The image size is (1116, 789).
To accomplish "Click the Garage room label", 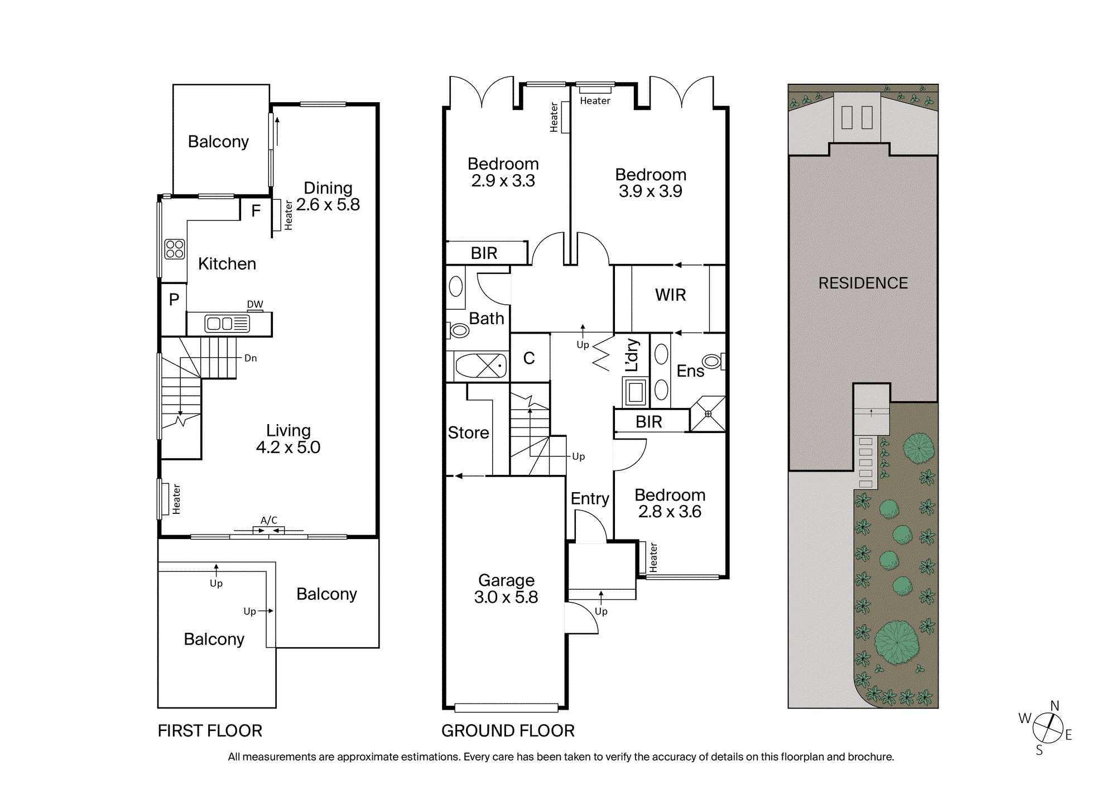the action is (x=507, y=580).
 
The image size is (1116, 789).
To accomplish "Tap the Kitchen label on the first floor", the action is (x=227, y=264).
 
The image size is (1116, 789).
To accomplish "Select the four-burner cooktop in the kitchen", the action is (x=175, y=249).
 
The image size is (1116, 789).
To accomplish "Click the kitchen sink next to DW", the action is (x=227, y=324).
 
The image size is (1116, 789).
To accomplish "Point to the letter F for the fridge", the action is (x=256, y=211).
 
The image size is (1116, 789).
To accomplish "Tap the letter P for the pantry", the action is (x=174, y=300).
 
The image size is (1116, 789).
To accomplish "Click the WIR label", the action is (x=671, y=295).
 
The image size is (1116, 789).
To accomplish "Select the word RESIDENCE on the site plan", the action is (x=863, y=283).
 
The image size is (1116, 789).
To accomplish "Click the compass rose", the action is (x=1048, y=729).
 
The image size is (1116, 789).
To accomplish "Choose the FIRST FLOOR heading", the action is (x=210, y=731).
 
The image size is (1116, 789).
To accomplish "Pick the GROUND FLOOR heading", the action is (x=508, y=731).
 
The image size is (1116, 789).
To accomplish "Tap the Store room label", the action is (x=468, y=433).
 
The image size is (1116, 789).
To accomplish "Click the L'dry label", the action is (x=631, y=355).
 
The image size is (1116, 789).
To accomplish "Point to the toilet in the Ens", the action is (x=713, y=361).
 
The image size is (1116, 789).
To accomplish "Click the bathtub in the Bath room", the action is (x=480, y=366).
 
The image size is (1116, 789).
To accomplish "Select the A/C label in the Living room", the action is (x=269, y=520).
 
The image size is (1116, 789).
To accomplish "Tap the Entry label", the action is (x=590, y=499).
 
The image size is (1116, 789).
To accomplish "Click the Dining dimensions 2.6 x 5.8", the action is (x=328, y=205).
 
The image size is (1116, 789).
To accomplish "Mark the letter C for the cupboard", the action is (x=529, y=358).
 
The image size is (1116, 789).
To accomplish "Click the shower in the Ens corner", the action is (x=708, y=414).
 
